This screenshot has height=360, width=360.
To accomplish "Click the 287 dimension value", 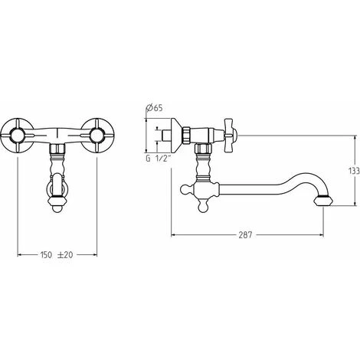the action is click(245, 235).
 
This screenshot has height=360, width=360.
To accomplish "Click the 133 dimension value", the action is click(354, 171).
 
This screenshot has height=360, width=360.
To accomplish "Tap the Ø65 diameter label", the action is click(154, 108).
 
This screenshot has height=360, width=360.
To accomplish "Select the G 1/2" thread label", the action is click(158, 159).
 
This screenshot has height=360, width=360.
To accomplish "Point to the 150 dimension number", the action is click(46, 254).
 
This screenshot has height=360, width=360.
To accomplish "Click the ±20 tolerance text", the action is click(65, 254).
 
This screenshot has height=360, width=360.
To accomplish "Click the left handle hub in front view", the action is click(17, 136).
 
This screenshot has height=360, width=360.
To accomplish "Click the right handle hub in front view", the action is click(97, 136).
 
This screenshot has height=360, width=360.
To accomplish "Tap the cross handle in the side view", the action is click(231, 136).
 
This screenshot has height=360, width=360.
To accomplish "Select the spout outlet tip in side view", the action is click(323, 201).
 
